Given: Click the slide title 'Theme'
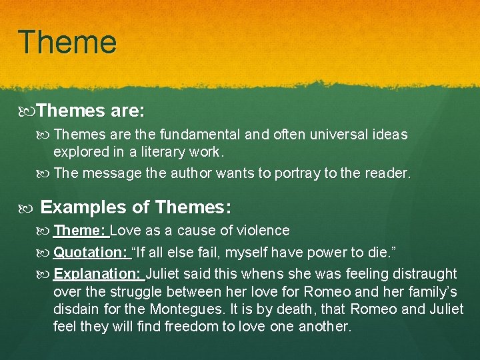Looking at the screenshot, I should (67, 41).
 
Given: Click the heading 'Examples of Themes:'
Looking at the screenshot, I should (136, 207).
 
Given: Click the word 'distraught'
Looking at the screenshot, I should (425, 273).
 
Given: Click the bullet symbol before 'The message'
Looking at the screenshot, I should (45, 173).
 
